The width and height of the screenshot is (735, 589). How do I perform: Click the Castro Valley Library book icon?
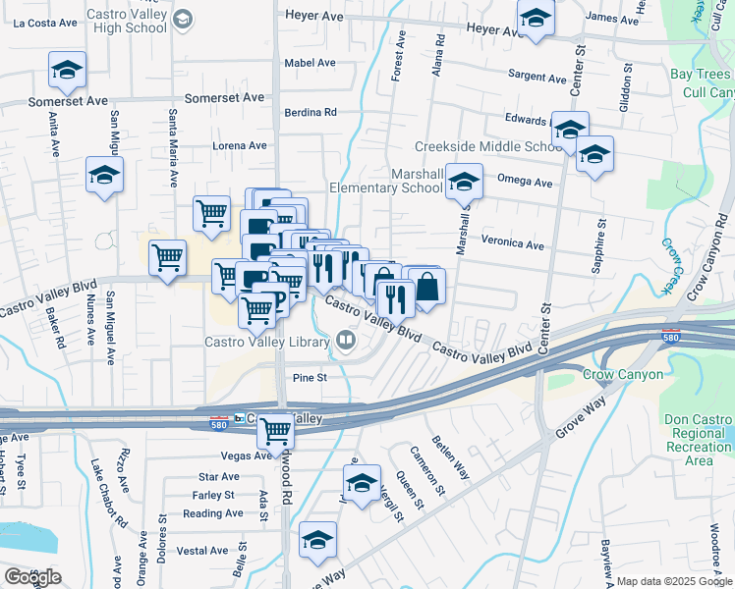(x=346, y=340)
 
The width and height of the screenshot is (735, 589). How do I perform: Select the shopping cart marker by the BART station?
(x=278, y=429)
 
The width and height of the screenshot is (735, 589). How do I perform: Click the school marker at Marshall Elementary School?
(x=464, y=182)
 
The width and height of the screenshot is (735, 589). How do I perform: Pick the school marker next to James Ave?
(x=536, y=19)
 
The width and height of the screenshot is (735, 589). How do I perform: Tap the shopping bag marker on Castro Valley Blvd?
(x=427, y=288)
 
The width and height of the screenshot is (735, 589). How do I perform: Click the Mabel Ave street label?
(x=310, y=63)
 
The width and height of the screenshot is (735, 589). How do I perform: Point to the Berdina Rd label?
(x=311, y=112)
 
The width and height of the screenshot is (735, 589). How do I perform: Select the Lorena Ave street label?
(x=240, y=145)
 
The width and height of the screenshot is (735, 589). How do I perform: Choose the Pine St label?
(x=309, y=377)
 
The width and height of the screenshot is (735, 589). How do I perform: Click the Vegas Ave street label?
(x=247, y=455)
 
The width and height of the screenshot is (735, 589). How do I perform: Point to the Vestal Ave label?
(x=205, y=551)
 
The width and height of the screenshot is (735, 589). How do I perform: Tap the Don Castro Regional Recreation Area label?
(x=699, y=439)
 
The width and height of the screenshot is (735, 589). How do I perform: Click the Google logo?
(x=32, y=577)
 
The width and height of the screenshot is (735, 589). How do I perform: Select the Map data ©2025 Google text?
(x=673, y=581)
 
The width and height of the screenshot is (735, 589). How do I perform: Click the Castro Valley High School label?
(x=127, y=22)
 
